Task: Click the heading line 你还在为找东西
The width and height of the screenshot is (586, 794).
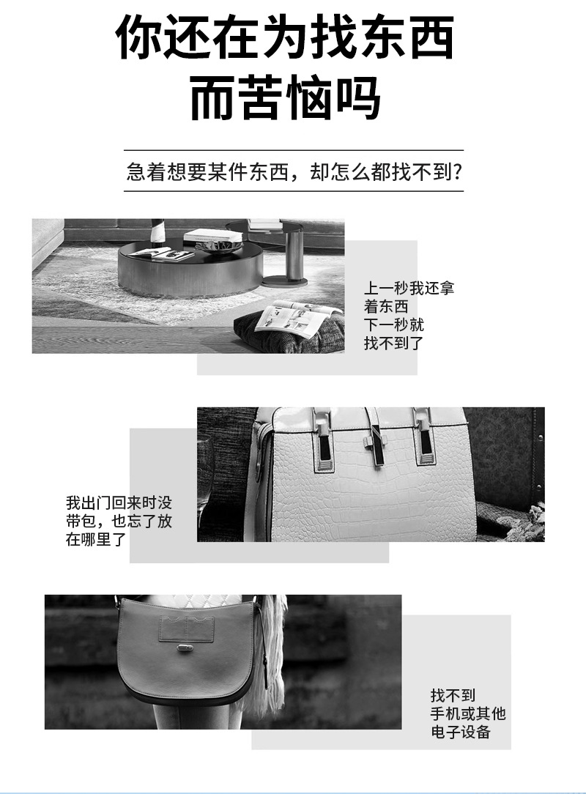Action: pyautogui.click(x=285, y=37)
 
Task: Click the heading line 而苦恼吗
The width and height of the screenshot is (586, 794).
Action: pyautogui.click(x=285, y=97)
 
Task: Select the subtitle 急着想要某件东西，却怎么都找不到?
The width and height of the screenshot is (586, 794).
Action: pyautogui.click(x=294, y=171)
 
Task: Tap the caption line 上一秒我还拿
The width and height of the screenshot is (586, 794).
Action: pyautogui.click(x=409, y=288)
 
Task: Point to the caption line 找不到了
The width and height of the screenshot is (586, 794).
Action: pyautogui.click(x=393, y=343)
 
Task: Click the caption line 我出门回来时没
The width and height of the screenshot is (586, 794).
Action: pyautogui.click(x=119, y=502)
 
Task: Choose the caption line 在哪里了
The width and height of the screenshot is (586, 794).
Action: pyautogui.click(x=96, y=539)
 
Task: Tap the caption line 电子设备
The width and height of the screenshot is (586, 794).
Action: pyautogui.click(x=461, y=732)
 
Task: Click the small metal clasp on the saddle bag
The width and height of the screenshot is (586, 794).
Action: pyautogui.click(x=185, y=648)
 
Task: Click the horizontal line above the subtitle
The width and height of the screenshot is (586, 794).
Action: pyautogui.click(x=294, y=150)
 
